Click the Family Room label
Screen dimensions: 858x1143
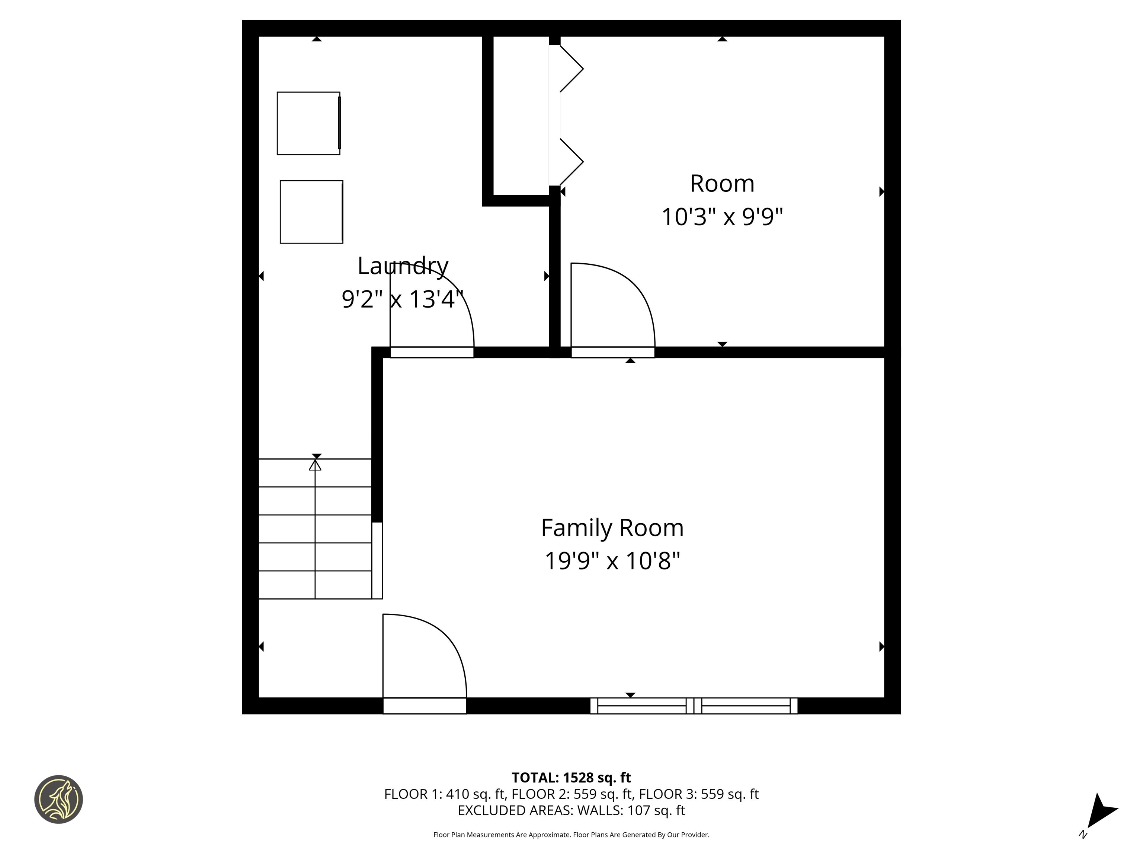(612, 528)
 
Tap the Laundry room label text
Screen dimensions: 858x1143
(403, 266)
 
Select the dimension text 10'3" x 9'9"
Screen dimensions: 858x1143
(722, 217)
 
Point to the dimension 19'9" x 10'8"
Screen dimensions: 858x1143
(612, 560)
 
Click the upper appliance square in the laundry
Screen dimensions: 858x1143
(308, 123)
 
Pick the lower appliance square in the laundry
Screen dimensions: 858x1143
(311, 212)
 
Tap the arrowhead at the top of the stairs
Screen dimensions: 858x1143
(315, 465)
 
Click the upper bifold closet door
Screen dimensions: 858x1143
(571, 69)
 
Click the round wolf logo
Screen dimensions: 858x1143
(58, 799)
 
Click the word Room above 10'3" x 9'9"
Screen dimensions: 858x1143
(722, 184)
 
